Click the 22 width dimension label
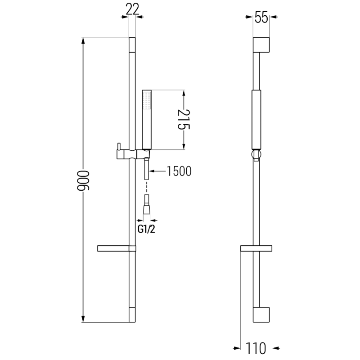pyautogui.click(x=132, y=9)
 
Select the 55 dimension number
pyautogui.click(x=261, y=18)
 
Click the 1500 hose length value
pyautogui.click(x=179, y=171)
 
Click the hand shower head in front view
pyautogui.click(x=146, y=119)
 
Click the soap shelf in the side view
pyautogui.click(x=256, y=248)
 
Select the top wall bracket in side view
pyautogui.click(x=261, y=46)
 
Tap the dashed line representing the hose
pyautogui.click(x=146, y=186)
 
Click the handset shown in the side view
pyautogui.click(x=256, y=119)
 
